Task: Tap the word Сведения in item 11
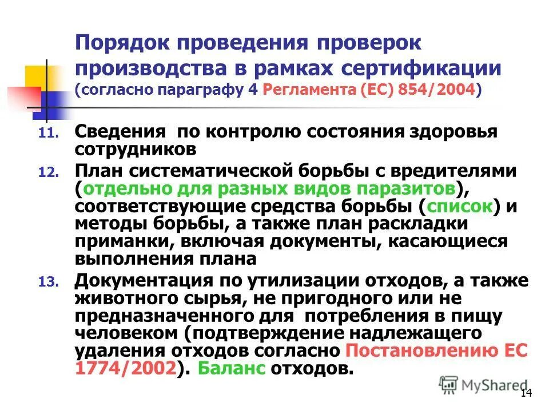(119, 133)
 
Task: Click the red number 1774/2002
(127, 368)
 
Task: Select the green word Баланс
(232, 368)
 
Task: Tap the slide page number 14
(526, 394)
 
